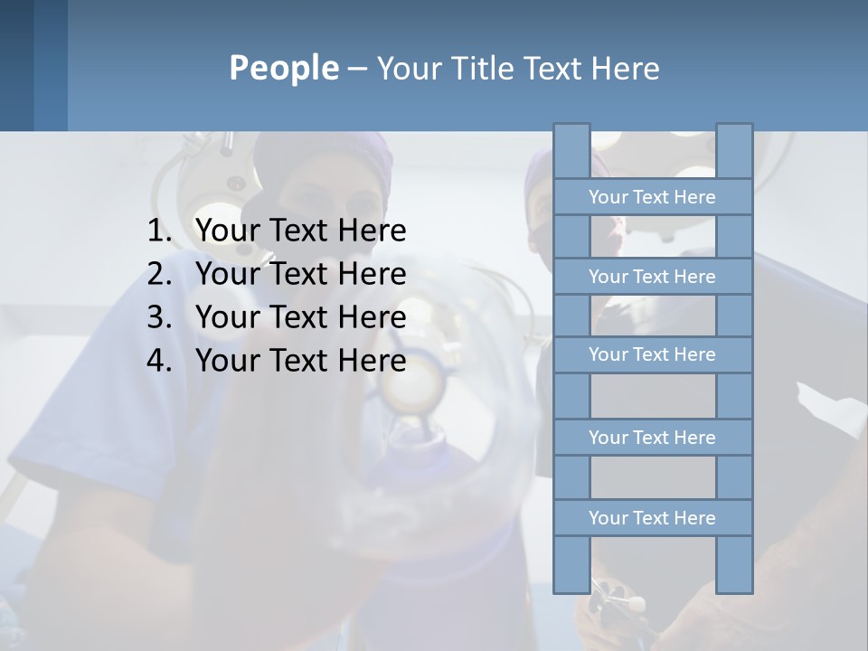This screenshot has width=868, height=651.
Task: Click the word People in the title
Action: (x=283, y=68)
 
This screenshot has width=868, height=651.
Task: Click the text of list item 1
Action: (x=300, y=231)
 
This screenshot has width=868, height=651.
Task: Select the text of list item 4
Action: (x=300, y=361)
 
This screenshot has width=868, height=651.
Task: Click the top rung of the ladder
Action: (x=652, y=197)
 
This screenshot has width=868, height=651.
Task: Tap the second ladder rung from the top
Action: (x=652, y=277)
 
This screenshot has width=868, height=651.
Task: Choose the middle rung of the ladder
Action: (x=652, y=354)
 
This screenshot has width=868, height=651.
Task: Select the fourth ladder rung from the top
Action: (x=652, y=438)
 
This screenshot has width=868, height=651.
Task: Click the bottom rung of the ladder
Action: (x=652, y=518)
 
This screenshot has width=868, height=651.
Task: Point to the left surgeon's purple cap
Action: (x=325, y=154)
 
